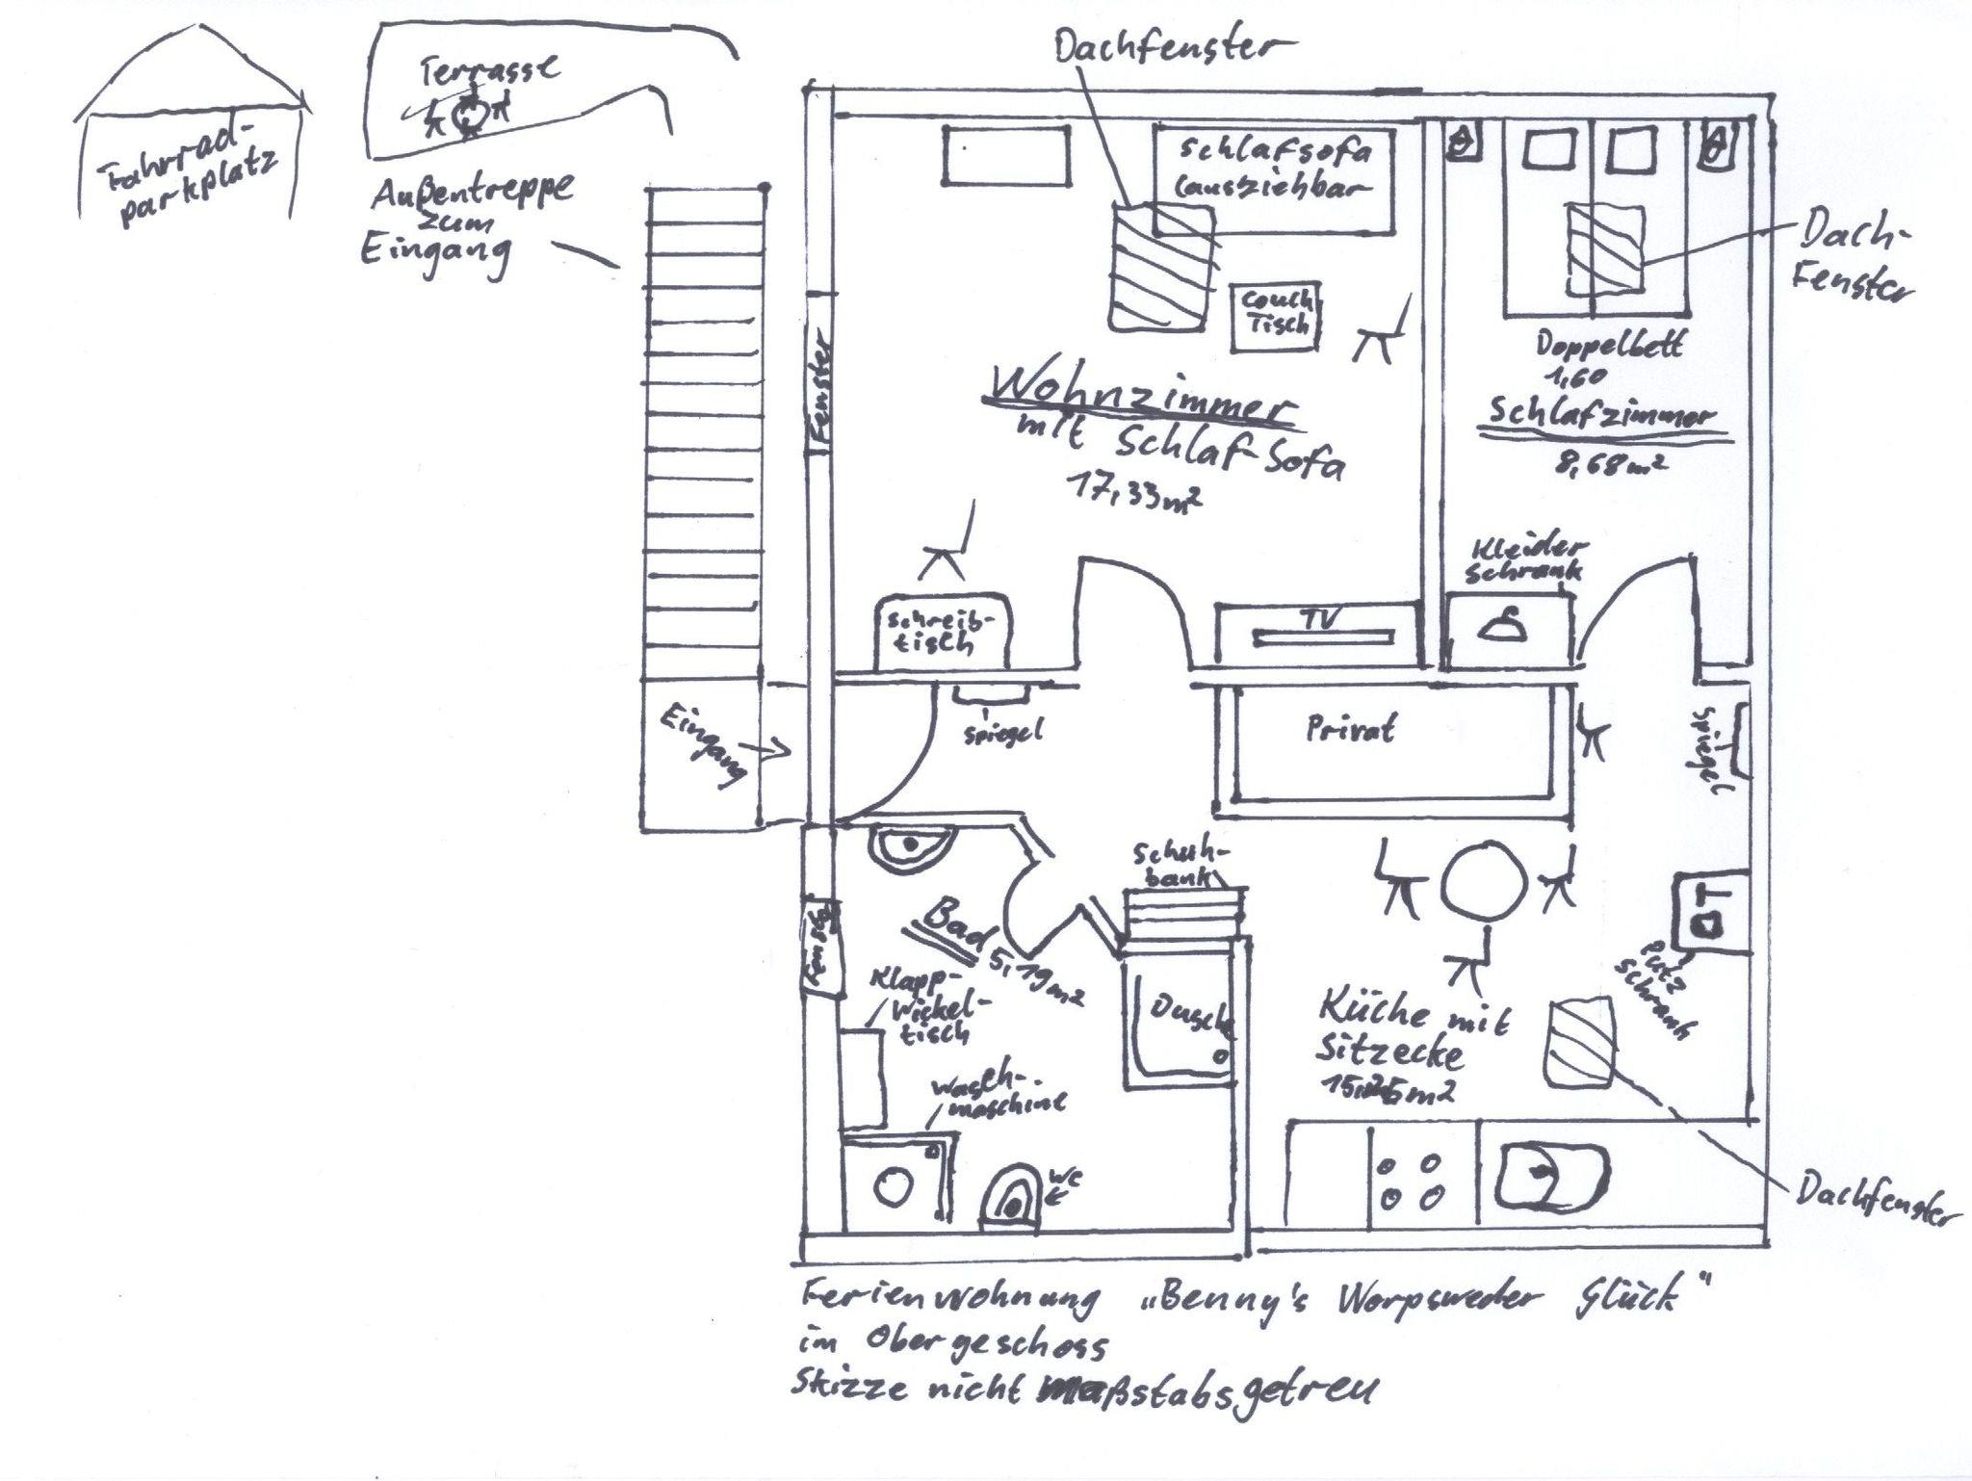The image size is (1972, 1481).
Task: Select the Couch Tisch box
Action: pos(1277,315)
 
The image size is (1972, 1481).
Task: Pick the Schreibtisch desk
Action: pos(943,631)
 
